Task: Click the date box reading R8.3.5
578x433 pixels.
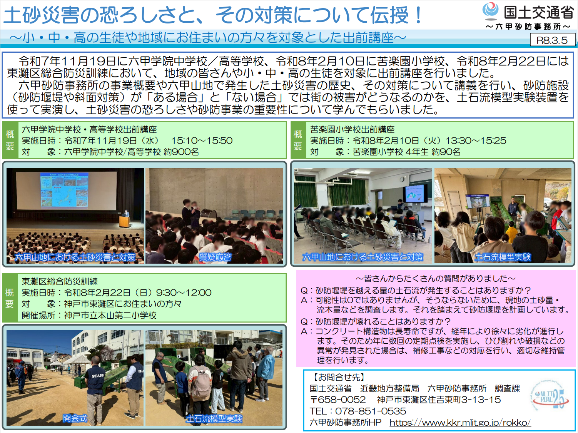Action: [552, 40]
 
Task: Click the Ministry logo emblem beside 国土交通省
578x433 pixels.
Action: [490, 11]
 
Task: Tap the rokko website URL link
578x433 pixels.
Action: [460, 422]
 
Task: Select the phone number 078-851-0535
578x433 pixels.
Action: [371, 411]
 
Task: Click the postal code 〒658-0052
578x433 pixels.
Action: [338, 400]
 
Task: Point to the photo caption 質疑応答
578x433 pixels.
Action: [215, 257]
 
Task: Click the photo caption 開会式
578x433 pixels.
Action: [75, 418]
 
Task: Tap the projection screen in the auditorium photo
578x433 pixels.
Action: [66, 191]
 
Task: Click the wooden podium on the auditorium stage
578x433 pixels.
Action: [125, 222]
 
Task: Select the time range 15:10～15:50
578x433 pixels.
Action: [202, 140]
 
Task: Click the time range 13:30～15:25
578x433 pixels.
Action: [476, 140]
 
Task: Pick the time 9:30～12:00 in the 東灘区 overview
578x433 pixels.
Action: [184, 293]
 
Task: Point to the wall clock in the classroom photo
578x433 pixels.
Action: [402, 179]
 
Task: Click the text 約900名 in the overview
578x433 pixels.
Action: [181, 152]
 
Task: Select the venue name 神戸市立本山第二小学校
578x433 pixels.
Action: [110, 315]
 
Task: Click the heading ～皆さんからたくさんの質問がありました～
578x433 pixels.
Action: [436, 278]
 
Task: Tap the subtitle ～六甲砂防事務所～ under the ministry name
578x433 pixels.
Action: [528, 27]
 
